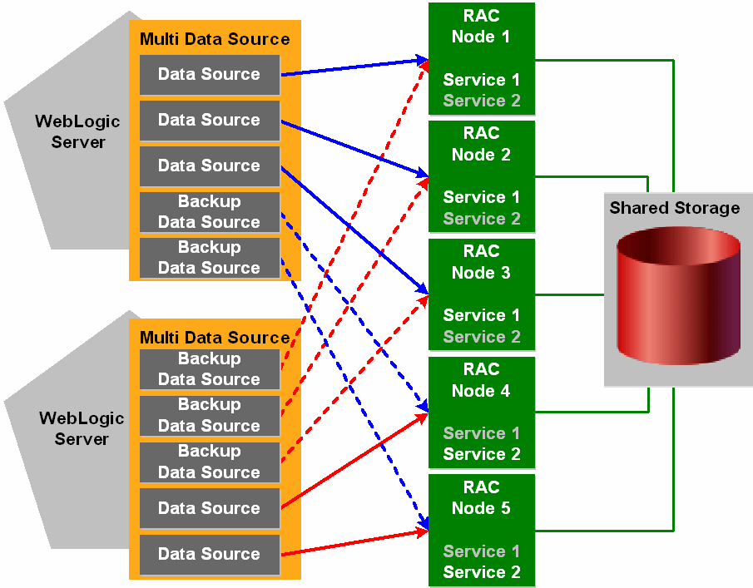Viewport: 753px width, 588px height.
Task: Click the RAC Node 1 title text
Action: tap(481, 26)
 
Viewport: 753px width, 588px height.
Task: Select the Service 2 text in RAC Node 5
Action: tap(482, 572)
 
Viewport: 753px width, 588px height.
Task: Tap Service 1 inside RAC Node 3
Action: tap(482, 315)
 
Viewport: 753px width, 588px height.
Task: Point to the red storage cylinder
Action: tap(678, 291)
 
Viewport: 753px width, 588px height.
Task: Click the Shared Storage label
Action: tap(674, 208)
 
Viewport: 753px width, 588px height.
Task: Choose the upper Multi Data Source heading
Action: tap(215, 39)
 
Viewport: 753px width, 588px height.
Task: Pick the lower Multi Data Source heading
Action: tap(215, 338)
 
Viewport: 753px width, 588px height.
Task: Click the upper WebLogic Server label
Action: tap(77, 131)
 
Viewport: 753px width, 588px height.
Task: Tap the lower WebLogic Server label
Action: tap(82, 427)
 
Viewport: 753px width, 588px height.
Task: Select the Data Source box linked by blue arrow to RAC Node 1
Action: tap(209, 75)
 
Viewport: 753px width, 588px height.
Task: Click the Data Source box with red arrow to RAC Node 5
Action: tap(209, 554)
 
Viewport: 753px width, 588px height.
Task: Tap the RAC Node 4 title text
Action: tap(481, 380)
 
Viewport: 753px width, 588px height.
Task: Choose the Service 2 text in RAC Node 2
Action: tap(482, 219)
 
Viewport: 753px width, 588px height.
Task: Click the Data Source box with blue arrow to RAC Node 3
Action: tap(209, 166)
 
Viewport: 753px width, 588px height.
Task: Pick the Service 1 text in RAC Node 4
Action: tap(482, 433)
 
